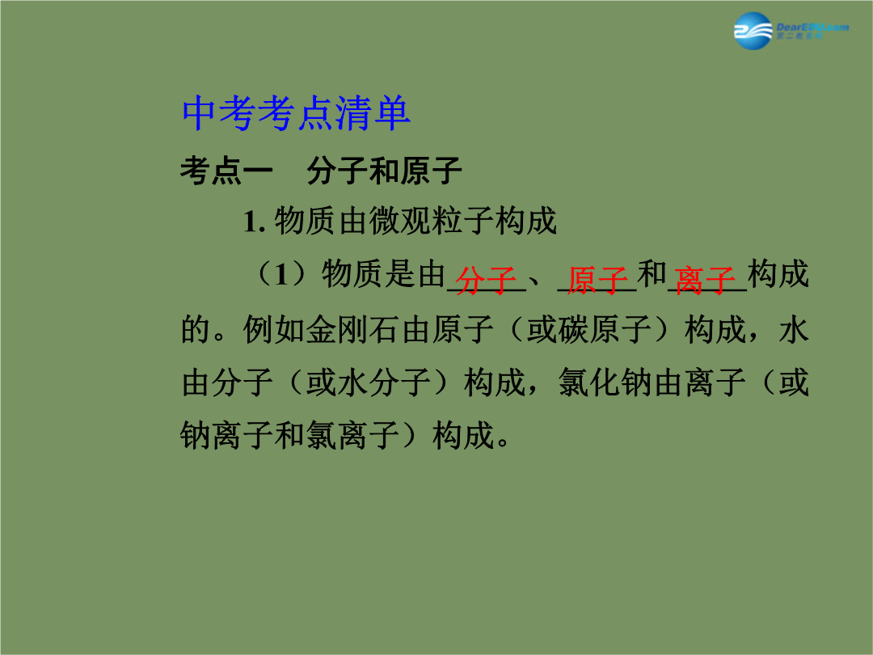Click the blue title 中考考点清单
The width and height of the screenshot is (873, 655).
tap(296, 114)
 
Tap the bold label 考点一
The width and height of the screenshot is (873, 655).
tap(226, 171)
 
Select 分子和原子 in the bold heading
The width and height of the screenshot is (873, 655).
tap(384, 171)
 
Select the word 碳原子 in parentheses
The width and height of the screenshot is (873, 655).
tap(605, 329)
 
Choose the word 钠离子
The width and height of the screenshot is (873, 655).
tap(226, 435)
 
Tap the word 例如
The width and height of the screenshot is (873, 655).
tap(273, 329)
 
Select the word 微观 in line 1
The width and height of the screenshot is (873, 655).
tap(400, 221)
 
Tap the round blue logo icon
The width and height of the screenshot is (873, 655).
tap(753, 32)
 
